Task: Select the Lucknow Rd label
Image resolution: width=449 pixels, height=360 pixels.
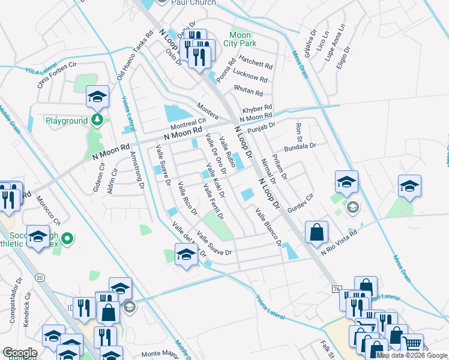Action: [252, 78]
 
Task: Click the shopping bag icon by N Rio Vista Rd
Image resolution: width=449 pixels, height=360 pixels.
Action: [316, 232]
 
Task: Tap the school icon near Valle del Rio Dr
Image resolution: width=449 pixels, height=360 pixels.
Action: [186, 255]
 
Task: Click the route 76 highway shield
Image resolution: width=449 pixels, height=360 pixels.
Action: [336, 290]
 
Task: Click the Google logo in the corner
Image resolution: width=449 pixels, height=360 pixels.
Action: [20, 353]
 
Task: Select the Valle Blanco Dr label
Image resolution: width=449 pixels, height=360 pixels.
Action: [268, 226]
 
